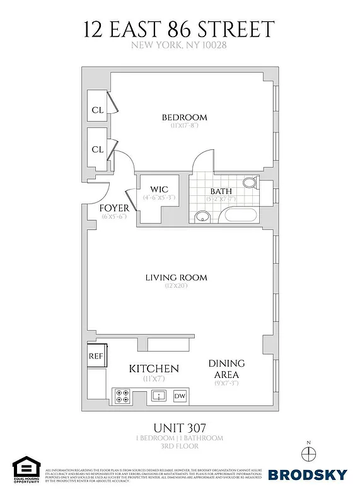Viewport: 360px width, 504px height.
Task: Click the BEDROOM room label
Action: pos(184,117)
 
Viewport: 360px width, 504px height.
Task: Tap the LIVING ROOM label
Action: pos(176,277)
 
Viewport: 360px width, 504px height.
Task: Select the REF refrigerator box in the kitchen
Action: pos(96,355)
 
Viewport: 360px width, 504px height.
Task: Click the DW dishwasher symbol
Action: pos(180,396)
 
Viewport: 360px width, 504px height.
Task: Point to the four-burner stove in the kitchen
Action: pos(122,396)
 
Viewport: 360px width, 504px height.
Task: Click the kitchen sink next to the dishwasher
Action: pos(157,396)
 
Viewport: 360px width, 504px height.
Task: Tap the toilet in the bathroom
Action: pos(250,183)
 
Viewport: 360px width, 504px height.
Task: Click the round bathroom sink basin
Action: pos(202,217)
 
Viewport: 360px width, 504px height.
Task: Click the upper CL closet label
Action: pos(97,110)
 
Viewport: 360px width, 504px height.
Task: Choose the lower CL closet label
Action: pos(97,149)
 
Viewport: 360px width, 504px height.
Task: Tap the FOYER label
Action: pos(114,208)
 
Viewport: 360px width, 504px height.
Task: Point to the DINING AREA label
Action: pos(227,369)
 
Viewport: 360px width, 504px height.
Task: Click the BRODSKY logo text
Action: pos(307,474)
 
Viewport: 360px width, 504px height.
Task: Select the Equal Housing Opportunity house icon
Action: pos(26,467)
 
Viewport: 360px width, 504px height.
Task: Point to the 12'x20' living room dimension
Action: pos(176,287)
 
